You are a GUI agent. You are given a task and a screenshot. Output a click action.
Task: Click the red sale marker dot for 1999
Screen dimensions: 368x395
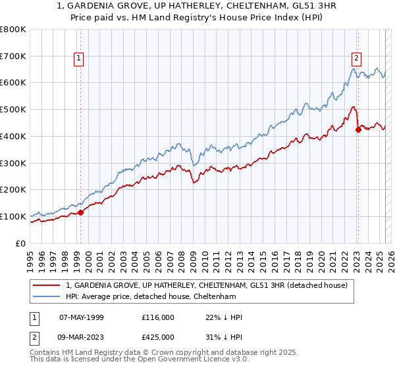click(x=80, y=212)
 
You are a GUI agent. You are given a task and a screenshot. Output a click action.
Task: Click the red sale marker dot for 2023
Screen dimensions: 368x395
click(x=358, y=129)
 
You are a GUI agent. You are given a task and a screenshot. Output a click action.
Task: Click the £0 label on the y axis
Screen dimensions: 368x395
click(x=20, y=243)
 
